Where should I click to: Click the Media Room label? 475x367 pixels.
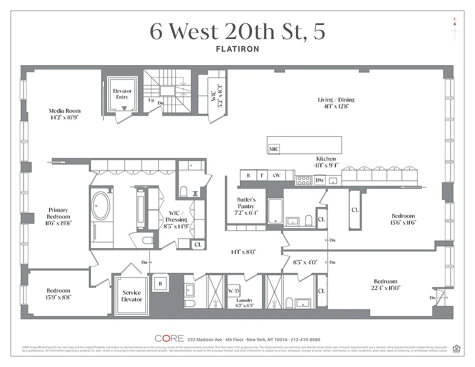65,111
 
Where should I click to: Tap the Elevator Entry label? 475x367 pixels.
122,94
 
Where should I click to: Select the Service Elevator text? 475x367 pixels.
132,296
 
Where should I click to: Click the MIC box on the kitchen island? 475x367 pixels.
274,149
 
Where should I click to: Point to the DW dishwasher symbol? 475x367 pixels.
320,180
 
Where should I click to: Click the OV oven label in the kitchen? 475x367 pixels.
277,175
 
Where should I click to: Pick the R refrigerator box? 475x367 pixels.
248,175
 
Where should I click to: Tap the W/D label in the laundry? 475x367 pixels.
234,291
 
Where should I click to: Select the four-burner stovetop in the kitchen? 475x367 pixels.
303,180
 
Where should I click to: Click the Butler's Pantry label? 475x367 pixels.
246,203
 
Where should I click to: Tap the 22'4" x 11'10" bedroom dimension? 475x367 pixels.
386,288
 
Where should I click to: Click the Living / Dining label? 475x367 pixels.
336,100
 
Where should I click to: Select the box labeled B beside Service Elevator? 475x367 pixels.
160,283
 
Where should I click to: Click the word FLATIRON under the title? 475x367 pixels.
237,49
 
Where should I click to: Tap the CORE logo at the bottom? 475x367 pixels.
169,339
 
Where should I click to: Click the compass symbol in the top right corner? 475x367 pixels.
454,28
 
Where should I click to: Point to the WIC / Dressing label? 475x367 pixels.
177,217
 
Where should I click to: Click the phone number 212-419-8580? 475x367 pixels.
302,339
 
